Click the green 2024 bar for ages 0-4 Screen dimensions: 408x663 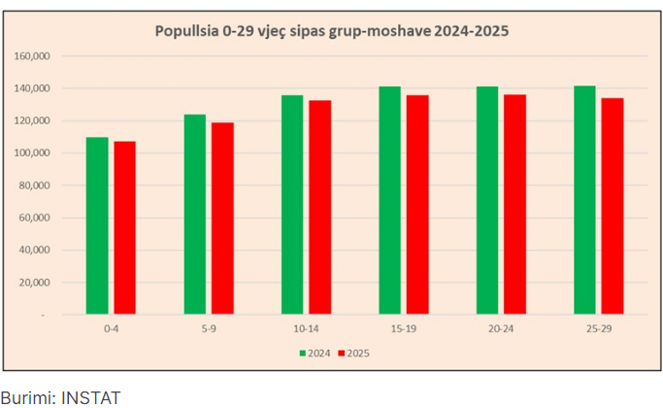coord(97,225)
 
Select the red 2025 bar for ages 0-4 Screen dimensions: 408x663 coord(124,228)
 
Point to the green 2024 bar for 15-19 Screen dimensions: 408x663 coord(389,200)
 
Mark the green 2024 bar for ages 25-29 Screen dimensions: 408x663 coord(584,200)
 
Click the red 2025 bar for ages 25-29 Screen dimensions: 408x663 coord(612,206)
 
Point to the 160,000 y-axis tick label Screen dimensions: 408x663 coord(32,56)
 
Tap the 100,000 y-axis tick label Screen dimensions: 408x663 coord(32,153)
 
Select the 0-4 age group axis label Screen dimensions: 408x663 coord(111,329)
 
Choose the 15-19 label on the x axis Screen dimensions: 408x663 coord(403,329)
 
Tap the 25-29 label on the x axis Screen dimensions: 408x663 coord(598,329)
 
